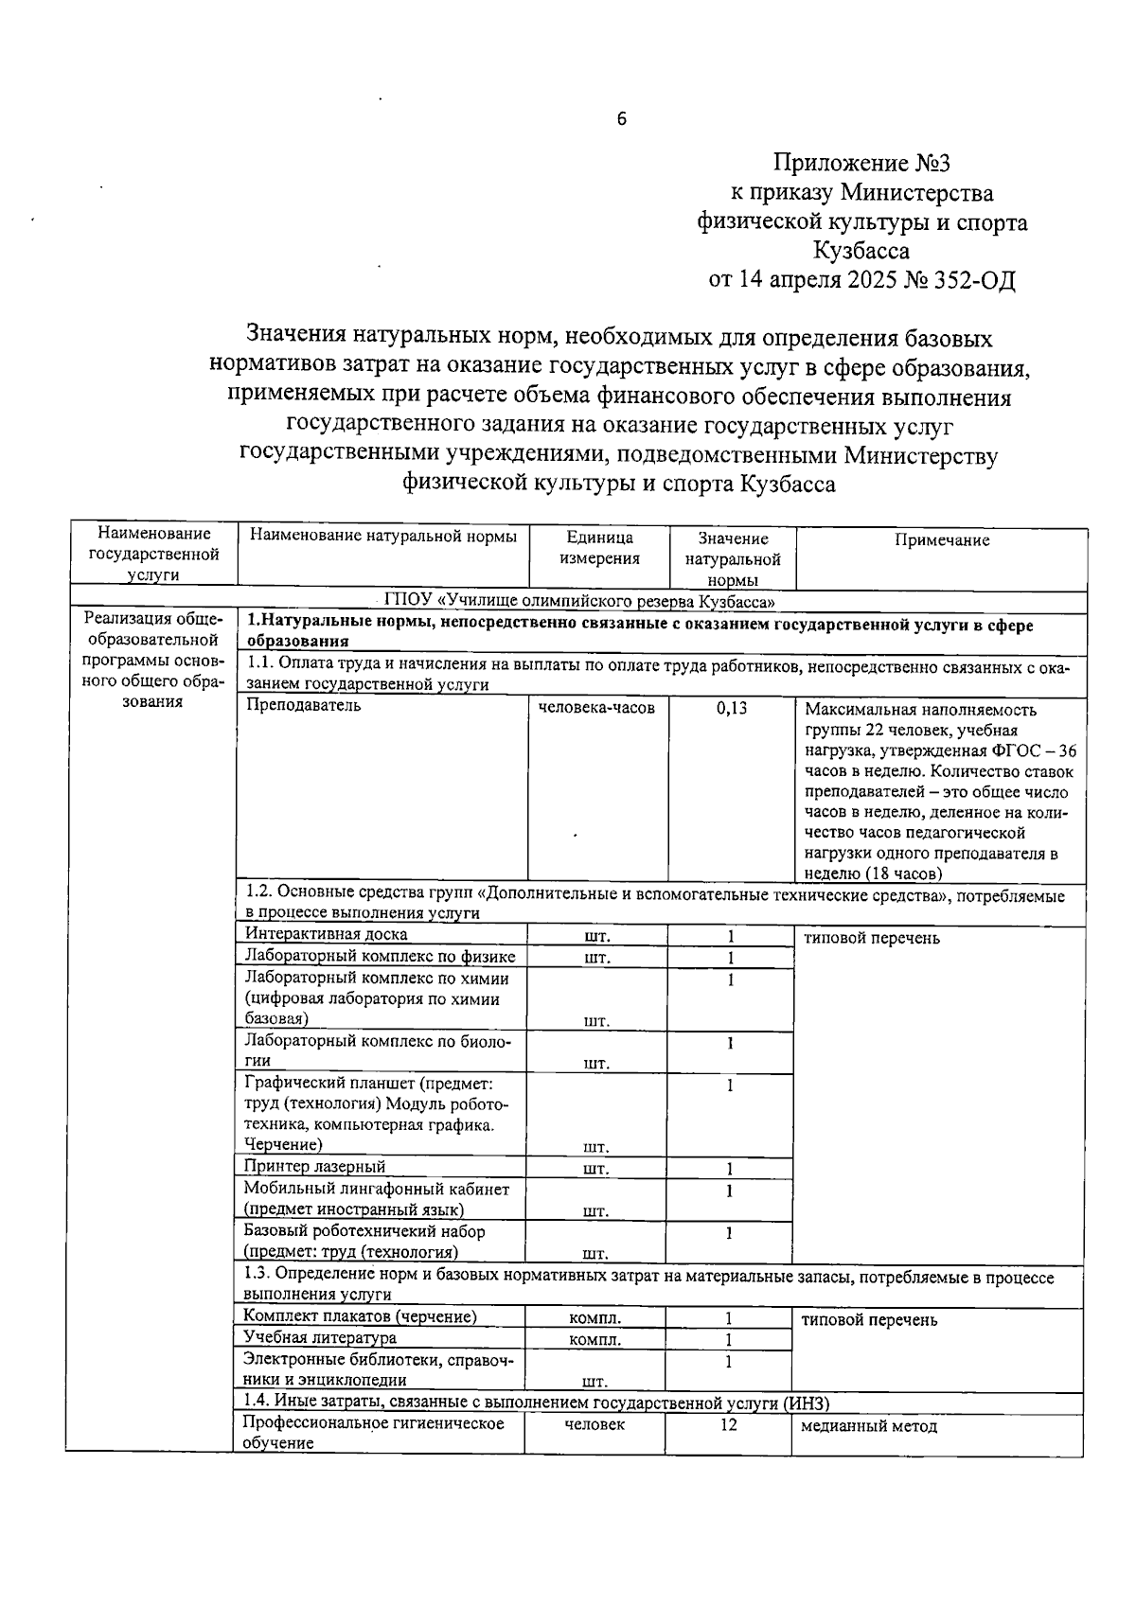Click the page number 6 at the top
(621, 119)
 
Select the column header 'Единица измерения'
(599, 548)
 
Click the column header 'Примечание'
(941, 540)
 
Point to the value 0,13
(731, 707)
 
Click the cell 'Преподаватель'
(303, 706)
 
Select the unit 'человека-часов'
(596, 707)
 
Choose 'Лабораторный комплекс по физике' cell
(379, 957)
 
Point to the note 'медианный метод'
(868, 1425)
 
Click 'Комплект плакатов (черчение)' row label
(360, 1316)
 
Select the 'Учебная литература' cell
(319, 1338)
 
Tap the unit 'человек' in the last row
(595, 1424)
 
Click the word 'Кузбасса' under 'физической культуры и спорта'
(861, 252)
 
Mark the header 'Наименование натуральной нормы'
(382, 537)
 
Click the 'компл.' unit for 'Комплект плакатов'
(595, 1318)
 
